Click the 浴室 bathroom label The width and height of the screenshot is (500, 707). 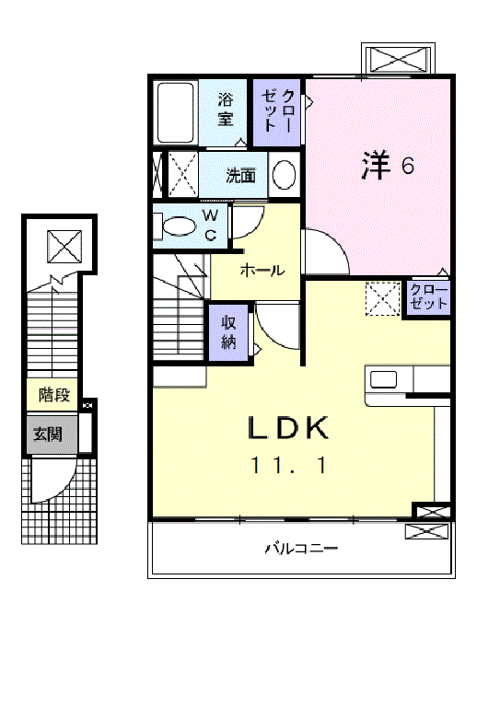tap(226, 110)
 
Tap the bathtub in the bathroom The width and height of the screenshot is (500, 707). tap(175, 112)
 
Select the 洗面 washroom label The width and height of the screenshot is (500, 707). tap(241, 175)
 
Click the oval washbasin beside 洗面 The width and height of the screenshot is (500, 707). tap(285, 174)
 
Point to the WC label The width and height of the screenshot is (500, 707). tap(211, 225)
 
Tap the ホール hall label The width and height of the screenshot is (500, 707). tap(262, 271)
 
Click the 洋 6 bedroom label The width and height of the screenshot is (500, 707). tap(387, 166)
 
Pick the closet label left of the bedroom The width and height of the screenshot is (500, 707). tap(279, 110)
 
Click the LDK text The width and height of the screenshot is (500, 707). tap(286, 428)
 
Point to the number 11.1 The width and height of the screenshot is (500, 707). tap(286, 466)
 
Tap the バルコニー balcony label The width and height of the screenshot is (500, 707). tap(302, 550)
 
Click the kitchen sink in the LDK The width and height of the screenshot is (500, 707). tap(383, 379)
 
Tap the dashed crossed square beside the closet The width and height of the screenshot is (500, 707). tap(381, 297)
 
